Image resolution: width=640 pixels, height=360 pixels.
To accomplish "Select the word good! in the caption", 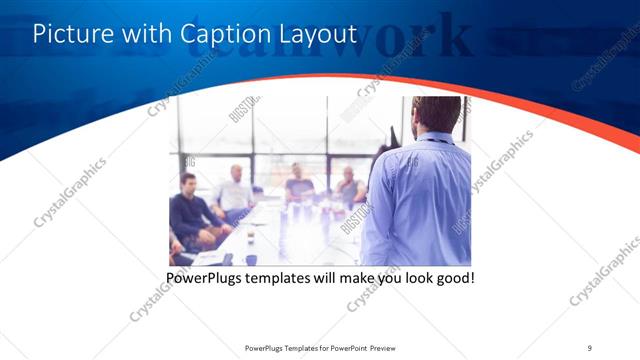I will click(453, 276).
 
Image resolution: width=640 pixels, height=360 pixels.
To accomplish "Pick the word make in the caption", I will click(350, 276).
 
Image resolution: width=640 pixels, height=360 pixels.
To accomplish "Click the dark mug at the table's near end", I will click(229, 259).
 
